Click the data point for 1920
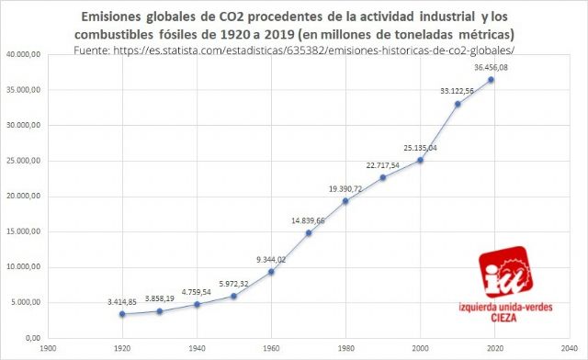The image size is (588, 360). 122,314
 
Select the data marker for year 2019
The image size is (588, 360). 492,80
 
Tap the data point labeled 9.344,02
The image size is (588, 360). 271,272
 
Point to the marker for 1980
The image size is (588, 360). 345,201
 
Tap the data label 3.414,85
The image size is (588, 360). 121,301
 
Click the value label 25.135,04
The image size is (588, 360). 419,147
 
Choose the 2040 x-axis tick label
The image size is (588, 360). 567,349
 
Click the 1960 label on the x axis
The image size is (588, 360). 271,349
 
